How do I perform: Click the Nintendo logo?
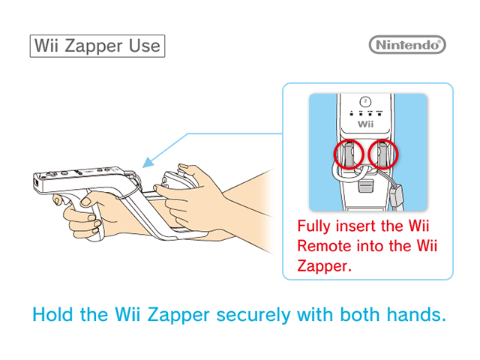tap(407, 45)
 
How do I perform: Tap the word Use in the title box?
tap(144, 46)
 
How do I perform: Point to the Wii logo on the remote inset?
tap(365, 124)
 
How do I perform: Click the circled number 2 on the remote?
tap(365, 101)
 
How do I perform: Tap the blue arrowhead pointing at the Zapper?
tap(148, 163)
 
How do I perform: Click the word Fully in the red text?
tap(314, 226)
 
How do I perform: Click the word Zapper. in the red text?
tap(324, 266)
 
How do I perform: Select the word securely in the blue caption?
tap(253, 315)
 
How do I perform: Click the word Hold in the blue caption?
tap(52, 314)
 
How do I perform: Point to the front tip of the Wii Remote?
tap(35, 183)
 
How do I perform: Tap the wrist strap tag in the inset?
tap(396, 195)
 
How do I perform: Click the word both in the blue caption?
tap(360, 314)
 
